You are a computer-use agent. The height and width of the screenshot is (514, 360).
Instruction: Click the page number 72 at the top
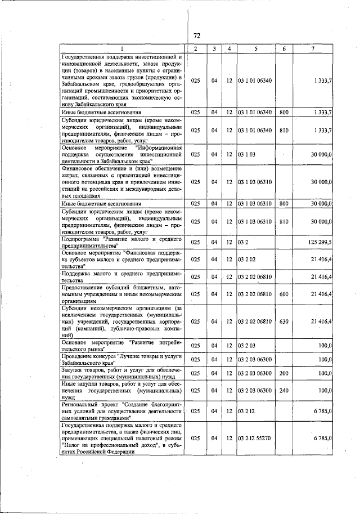[x=197, y=35]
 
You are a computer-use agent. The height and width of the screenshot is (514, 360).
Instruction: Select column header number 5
[x=256, y=49]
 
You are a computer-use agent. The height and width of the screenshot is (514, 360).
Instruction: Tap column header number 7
[x=313, y=49]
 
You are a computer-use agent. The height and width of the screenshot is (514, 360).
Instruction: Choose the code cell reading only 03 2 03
[x=247, y=345]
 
